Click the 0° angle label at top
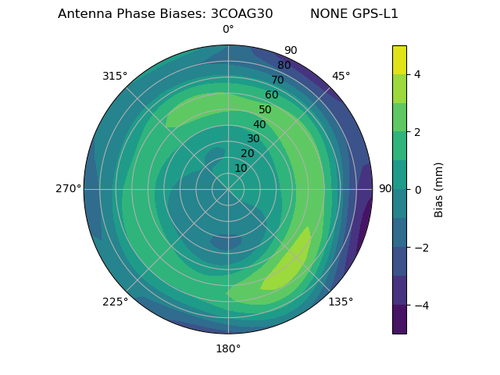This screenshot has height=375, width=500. coord(228,30)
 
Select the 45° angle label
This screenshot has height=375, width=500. coord(341,76)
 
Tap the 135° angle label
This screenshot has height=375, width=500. coord(341,302)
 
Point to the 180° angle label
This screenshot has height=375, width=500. coord(228,348)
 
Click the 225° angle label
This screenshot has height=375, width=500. coord(115,302)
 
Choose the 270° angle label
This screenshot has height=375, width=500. coord(68,188)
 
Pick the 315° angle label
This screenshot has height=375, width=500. coord(115,76)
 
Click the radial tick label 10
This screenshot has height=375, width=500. coord(241,168)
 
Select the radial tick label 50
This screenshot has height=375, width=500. coord(265,110)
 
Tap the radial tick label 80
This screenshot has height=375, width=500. coord(284,66)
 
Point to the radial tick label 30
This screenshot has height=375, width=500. coord(253,139)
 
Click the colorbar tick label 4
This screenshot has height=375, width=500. coord(417,74)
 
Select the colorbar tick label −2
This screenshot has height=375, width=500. coord(420,248)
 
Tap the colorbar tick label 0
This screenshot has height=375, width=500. coord(417,190)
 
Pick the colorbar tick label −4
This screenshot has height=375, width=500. coord(420,305)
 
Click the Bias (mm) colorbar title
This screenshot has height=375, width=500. coord(439,190)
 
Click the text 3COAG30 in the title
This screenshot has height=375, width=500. coord(242,14)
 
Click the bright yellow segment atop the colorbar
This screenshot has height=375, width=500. coord(399,59)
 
